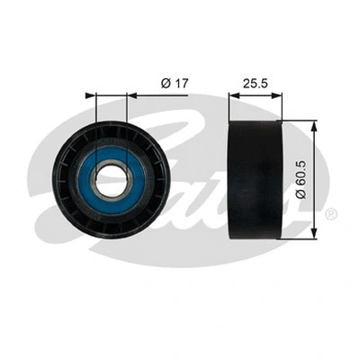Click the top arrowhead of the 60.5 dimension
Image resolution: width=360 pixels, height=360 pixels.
[x=313, y=128]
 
